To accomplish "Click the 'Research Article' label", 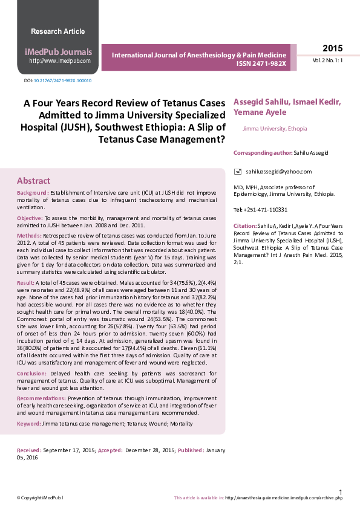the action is [x=58, y=31].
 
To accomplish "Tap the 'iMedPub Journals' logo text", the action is [x=59, y=52].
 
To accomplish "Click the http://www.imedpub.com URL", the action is [x=60, y=61].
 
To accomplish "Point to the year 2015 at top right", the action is [x=332, y=48].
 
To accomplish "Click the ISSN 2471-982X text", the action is [x=261, y=63].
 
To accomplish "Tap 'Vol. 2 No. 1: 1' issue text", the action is [x=327, y=61].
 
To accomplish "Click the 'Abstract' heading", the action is [x=34, y=181].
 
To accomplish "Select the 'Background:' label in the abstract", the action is [x=33, y=193].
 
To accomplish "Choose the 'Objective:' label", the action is [x=30, y=218].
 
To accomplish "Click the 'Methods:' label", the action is [x=29, y=235].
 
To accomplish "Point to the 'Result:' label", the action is [x=25, y=283].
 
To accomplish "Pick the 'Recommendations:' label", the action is [x=41, y=399].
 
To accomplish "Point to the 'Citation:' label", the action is [x=245, y=225].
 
